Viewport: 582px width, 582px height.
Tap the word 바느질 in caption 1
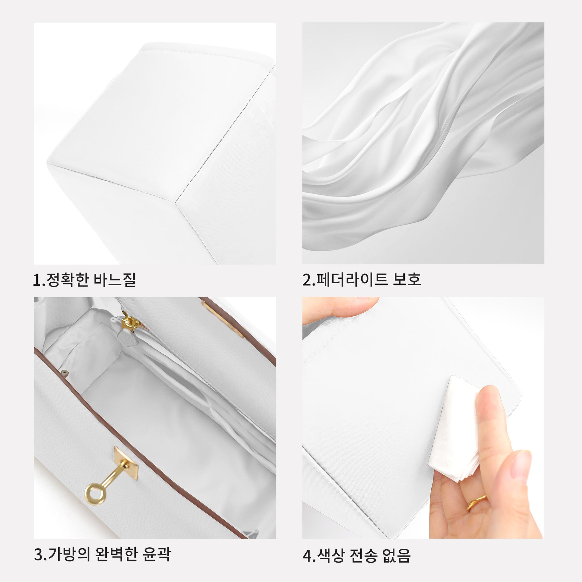click(x=115, y=280)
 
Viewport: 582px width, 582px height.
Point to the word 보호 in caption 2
click(x=407, y=279)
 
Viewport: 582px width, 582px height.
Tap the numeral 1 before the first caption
click(x=37, y=280)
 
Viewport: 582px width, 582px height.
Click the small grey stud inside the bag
click(x=63, y=374)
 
